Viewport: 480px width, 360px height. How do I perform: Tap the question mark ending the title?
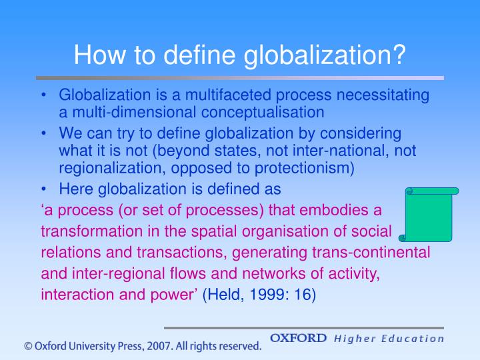pos(399,53)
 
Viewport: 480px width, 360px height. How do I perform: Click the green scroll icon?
pos(431,214)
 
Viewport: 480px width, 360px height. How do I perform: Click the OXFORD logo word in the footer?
pos(299,338)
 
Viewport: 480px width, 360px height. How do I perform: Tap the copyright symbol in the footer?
pos(28,346)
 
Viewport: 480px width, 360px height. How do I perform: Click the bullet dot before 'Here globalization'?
pos(45,188)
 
